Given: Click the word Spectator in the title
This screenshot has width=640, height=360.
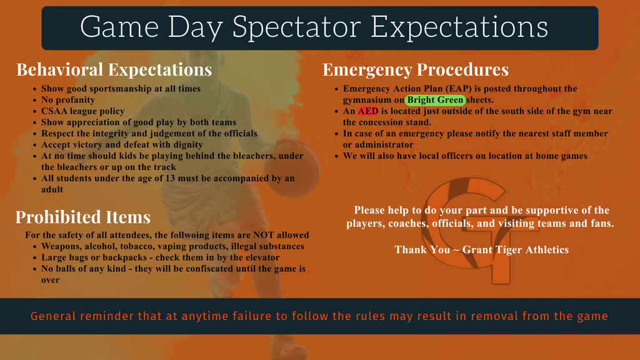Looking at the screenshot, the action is [x=297, y=27].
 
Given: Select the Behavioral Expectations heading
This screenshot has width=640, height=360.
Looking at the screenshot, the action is [x=114, y=70].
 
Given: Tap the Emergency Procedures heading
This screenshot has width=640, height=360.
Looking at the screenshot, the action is [x=416, y=70].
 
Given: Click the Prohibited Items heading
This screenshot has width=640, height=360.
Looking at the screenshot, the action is [x=83, y=217].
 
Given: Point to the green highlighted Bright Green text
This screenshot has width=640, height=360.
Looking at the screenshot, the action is [x=435, y=100].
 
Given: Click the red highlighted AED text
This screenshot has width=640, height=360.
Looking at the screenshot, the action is [x=368, y=111].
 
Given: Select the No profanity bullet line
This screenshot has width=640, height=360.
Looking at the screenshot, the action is [x=67, y=100].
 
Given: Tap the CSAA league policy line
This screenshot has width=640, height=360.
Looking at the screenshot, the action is [x=83, y=111].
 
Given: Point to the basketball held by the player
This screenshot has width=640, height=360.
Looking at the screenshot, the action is [x=291, y=167].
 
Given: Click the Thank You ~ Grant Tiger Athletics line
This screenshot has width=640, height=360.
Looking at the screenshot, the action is [x=482, y=250].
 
